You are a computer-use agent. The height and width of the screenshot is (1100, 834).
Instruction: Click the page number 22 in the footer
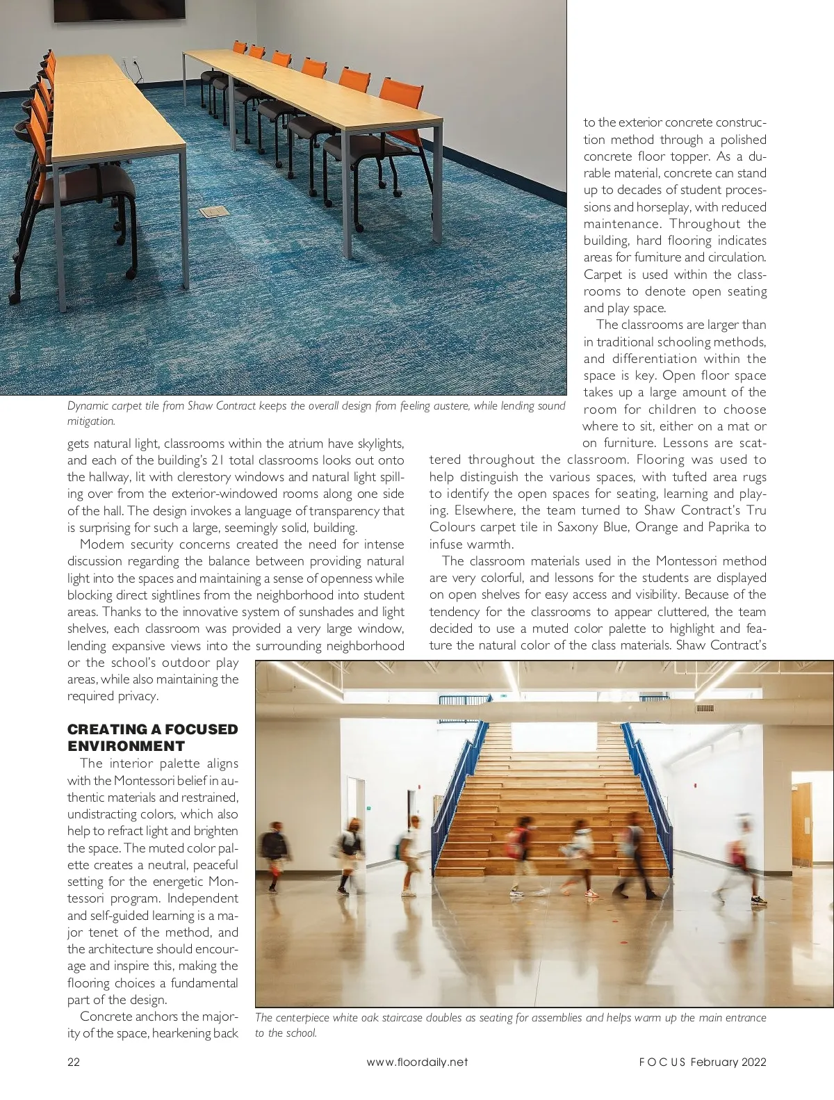tap(74, 1062)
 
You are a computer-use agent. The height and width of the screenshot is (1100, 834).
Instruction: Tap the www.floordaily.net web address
tap(417, 1062)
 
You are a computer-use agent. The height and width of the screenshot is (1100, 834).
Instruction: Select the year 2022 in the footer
tap(753, 1062)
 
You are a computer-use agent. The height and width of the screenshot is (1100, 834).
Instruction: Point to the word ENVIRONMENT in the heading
tap(126, 746)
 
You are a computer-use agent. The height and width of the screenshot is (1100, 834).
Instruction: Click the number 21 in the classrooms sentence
tap(217, 460)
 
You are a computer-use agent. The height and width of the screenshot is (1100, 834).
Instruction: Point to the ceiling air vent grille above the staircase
tap(705, 709)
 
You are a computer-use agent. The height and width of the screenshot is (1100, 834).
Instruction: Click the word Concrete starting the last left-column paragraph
tap(104, 1017)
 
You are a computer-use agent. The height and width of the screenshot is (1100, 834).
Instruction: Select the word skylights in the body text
tap(380, 444)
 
